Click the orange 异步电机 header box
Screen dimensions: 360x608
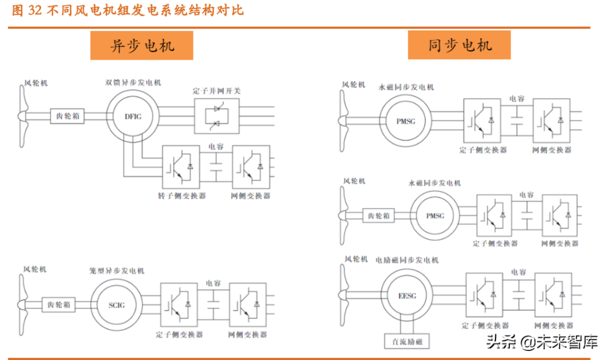(x=142, y=46)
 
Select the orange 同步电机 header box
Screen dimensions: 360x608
(x=459, y=46)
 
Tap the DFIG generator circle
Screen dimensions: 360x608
(x=133, y=116)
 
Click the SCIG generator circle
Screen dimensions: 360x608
(x=117, y=305)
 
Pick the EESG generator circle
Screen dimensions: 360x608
(x=406, y=296)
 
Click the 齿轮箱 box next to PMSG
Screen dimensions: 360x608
(x=378, y=215)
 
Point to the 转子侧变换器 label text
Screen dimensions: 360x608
(x=181, y=196)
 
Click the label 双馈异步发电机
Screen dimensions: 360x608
(x=133, y=83)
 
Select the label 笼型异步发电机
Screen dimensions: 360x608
(x=117, y=271)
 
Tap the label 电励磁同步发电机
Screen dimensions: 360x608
(x=406, y=260)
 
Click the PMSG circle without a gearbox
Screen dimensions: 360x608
(x=405, y=120)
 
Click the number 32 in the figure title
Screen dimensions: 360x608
(x=35, y=11)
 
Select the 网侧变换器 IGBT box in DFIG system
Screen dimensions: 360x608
(x=250, y=167)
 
